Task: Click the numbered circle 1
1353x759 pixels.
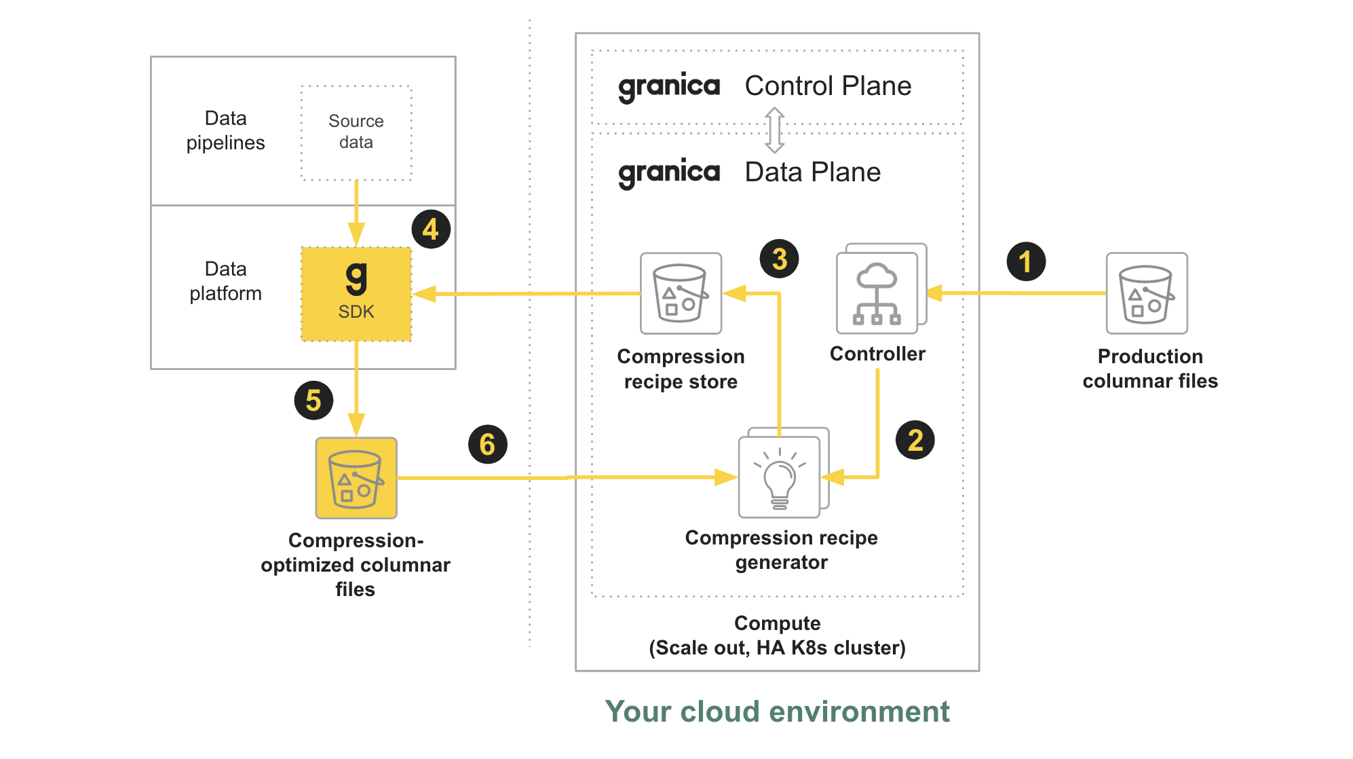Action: click(1025, 261)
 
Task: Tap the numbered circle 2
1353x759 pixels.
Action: click(915, 440)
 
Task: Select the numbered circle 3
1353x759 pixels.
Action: click(779, 259)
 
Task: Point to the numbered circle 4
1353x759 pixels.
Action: click(430, 229)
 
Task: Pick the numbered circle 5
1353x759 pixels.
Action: click(313, 401)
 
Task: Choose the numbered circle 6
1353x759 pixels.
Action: click(487, 445)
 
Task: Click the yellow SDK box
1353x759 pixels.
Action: click(356, 294)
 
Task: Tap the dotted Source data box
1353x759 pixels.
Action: click(356, 132)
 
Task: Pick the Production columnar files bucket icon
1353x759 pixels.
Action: click(1146, 293)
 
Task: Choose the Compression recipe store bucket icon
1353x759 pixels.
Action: click(681, 293)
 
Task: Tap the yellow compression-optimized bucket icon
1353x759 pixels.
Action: click(356, 478)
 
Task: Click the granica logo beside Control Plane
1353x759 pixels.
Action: click(668, 87)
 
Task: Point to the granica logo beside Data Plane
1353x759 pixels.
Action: click(668, 173)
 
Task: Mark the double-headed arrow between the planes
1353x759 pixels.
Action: click(774, 130)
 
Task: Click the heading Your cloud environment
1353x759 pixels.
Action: click(777, 711)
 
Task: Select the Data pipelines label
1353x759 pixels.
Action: click(225, 130)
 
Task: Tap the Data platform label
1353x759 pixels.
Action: click(225, 281)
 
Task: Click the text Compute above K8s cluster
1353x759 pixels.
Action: click(777, 623)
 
